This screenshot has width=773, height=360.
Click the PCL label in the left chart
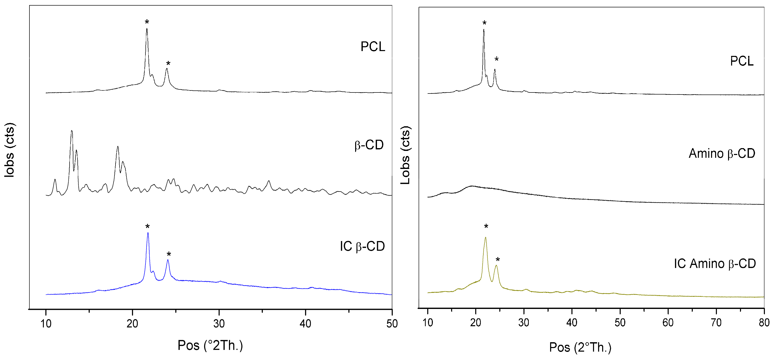tap(372, 46)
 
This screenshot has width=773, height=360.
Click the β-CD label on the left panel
tap(369, 145)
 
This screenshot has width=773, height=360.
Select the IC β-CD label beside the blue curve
tap(362, 246)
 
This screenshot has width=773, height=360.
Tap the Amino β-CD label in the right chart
tap(722, 154)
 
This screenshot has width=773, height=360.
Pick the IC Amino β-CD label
tap(714, 264)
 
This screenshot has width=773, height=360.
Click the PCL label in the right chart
tap(742, 61)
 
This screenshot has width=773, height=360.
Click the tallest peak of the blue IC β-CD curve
tap(148, 233)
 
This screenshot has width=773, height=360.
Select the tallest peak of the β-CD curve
tap(71, 131)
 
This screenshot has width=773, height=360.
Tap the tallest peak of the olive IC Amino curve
tap(486, 238)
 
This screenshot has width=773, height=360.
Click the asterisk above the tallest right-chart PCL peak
tap(484, 23)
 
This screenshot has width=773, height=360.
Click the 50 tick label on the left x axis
tap(392, 324)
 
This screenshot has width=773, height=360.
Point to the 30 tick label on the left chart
tap(219, 324)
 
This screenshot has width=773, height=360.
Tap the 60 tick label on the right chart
tap(668, 323)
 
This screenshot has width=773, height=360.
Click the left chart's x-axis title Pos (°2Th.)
tap(210, 345)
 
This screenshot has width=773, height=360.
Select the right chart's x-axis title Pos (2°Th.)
tap(580, 347)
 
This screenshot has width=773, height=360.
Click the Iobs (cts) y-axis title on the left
tap(9, 150)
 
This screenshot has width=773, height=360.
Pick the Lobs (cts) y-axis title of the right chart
tap(405, 155)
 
